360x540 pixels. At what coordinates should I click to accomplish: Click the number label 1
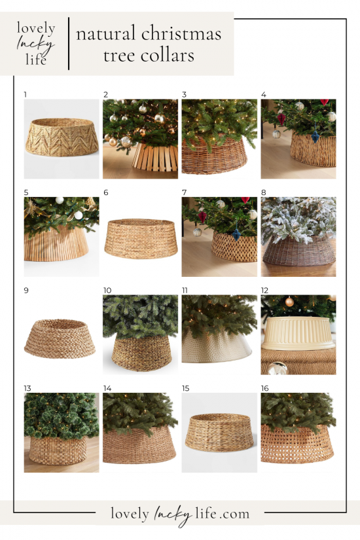(26, 94)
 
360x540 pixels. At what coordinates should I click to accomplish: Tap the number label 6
(105, 192)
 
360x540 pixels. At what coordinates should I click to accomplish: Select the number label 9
(26, 290)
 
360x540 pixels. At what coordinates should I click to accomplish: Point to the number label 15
(185, 388)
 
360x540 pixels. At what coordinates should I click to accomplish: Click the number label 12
(265, 290)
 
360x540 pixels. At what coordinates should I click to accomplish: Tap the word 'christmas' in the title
(185, 33)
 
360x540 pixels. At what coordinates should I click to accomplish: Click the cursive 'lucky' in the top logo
(35, 44)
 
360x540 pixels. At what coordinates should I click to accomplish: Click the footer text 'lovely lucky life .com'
(180, 514)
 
